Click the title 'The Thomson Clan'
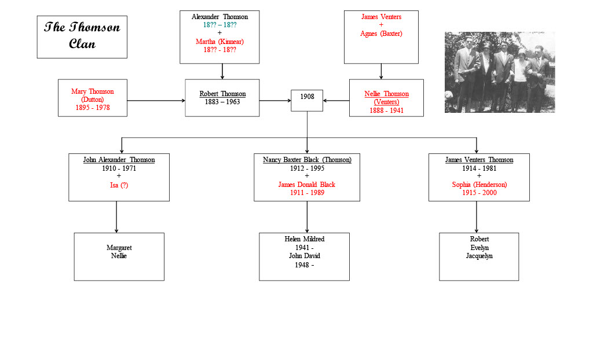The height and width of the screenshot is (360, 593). point(82,36)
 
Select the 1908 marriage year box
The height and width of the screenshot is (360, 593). point(307,100)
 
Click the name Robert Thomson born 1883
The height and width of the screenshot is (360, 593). point(222,94)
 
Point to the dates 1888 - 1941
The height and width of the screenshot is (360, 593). point(386,111)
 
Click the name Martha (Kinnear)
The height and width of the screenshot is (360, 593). point(219,42)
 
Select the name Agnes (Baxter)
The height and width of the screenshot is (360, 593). point(381,34)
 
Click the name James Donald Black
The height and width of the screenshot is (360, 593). point(306,185)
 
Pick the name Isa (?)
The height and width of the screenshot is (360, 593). point(119,185)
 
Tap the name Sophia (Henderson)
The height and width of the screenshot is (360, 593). point(479,185)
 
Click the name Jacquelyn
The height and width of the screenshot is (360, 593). point(479,256)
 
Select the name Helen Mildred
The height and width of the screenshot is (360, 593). point(304,239)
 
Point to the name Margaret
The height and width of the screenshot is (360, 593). point(119,248)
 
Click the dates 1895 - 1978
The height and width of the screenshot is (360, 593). point(93,108)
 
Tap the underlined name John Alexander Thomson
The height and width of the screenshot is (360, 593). point(119,160)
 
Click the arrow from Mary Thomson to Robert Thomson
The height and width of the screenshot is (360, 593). point(156,101)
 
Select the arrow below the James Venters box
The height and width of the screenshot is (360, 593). point(381,71)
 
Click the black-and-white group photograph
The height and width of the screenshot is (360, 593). point(499,72)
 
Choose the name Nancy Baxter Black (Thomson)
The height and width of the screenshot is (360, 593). point(307,160)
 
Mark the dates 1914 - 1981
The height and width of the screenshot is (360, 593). point(479,168)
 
